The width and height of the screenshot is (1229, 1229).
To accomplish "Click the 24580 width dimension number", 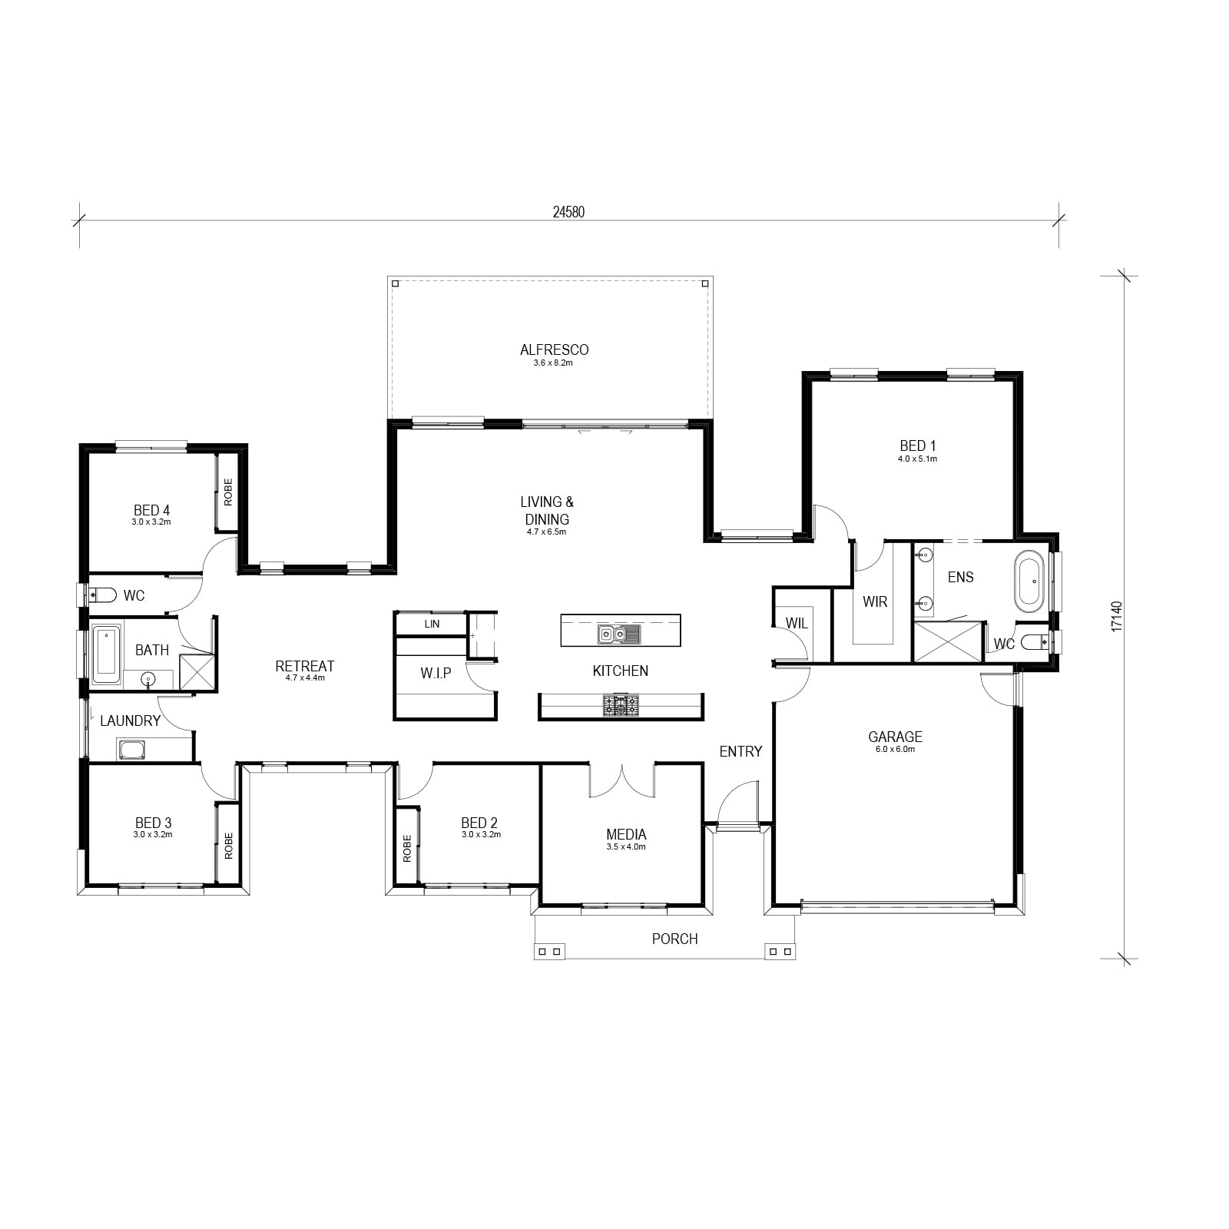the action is point(568,212).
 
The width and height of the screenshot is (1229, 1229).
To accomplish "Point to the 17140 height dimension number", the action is point(1117,616).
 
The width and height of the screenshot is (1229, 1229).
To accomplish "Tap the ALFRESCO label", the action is point(554,349).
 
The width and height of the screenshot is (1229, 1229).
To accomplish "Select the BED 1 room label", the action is point(918,446).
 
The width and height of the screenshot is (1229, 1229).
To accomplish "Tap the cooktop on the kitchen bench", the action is point(621,705).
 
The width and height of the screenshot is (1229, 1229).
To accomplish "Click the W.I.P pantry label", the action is point(436,673).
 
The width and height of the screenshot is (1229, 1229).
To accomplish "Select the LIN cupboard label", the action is point(432,624).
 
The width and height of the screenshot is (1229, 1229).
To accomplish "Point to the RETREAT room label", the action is point(305,665).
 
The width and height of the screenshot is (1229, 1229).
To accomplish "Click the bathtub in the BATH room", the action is point(107,655).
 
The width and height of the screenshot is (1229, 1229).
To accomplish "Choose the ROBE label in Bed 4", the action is point(228,492).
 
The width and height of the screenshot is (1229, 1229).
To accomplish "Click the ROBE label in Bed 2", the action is point(407,848).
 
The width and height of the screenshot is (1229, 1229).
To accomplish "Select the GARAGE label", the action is point(895,737).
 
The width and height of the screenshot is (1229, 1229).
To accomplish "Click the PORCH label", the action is point(674,939).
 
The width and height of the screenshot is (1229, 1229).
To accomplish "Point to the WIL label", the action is point(797,623).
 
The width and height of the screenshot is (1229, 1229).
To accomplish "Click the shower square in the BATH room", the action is point(197,671).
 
